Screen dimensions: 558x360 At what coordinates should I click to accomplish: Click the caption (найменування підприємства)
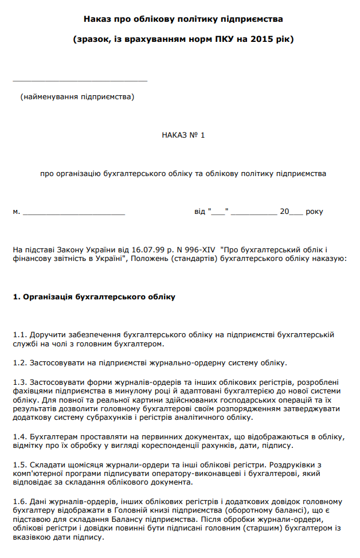coord(77,96)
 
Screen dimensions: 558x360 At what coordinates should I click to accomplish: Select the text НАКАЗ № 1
coord(183,135)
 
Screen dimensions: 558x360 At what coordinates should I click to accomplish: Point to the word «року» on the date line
coord(314,212)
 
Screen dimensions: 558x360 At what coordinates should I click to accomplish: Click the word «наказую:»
coord(330,259)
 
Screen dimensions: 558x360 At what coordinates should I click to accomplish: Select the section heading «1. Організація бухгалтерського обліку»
coord(93,297)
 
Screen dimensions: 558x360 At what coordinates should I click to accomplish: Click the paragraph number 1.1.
coord(19,334)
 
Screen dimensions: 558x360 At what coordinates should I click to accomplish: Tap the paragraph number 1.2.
coord(19,362)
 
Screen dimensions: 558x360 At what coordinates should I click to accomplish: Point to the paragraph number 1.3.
coord(19,382)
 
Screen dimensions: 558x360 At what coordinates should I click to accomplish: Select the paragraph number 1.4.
coord(19,436)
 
